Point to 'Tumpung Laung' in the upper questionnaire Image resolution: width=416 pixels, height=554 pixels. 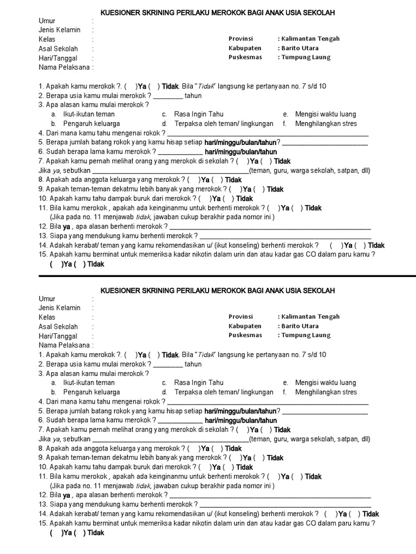[x=305, y=57]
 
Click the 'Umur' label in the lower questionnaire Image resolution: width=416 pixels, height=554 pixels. [x=47, y=299]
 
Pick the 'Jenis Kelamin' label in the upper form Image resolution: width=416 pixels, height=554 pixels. [x=59, y=30]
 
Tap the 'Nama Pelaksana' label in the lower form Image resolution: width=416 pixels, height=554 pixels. [x=64, y=345]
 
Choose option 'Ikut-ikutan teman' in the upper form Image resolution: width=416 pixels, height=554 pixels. [x=89, y=114]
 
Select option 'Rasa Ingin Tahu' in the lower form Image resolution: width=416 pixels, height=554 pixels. [x=198, y=382]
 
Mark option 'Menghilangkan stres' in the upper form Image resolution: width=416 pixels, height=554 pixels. [x=326, y=123]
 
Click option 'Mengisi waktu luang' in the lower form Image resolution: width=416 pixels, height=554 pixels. [x=326, y=382]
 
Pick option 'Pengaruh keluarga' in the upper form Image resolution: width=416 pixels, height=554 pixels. [x=91, y=123]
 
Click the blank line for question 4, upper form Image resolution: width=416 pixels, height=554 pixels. [x=268, y=135]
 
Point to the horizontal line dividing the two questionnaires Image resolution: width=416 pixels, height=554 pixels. [x=208, y=276]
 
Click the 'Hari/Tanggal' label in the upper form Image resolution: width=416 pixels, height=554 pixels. [x=57, y=58]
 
